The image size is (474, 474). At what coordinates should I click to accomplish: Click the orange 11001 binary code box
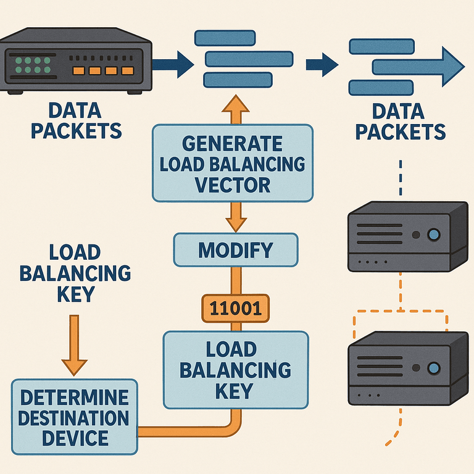tap(236, 308)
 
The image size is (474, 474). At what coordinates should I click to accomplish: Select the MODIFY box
tap(236, 250)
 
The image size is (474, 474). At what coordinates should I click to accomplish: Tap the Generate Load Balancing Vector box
tap(233, 163)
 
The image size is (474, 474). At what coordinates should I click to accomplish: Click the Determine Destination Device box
tap(75, 417)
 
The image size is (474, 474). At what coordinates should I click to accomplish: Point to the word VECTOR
tap(233, 185)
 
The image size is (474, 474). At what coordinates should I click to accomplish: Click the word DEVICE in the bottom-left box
tap(75, 438)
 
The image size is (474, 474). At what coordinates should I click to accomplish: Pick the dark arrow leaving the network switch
tap(173, 64)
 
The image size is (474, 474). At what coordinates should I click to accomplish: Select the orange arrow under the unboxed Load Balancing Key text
tap(74, 345)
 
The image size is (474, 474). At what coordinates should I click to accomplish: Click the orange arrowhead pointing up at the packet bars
tap(236, 104)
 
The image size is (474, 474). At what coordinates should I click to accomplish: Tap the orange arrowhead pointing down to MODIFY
tap(236, 224)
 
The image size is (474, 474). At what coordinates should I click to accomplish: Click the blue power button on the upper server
tap(434, 235)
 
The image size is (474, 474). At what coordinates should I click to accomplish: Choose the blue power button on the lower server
tap(434, 368)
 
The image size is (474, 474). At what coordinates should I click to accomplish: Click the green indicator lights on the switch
tap(33, 65)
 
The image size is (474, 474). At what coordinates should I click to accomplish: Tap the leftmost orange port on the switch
tap(78, 71)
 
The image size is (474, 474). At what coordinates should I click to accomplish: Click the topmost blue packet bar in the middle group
tap(225, 38)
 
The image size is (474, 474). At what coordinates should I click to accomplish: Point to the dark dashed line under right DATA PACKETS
tap(401, 178)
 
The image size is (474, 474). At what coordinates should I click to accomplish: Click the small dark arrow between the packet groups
tap(322, 65)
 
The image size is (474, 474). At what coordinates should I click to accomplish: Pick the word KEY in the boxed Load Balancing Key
tap(235, 391)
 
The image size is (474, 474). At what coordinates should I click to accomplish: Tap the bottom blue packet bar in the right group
tap(381, 88)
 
